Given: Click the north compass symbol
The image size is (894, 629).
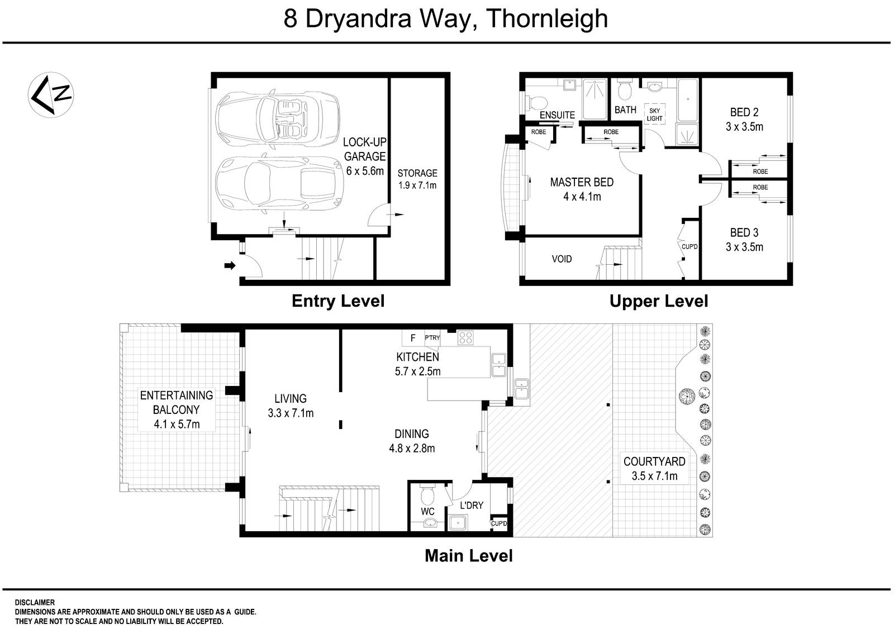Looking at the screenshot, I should (52, 94).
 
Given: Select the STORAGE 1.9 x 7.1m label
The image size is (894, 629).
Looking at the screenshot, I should (417, 179).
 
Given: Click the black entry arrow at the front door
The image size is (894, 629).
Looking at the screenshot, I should (229, 266).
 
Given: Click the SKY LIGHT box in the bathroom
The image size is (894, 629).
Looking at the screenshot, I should (654, 115).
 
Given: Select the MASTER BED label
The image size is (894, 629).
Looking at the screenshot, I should (582, 182).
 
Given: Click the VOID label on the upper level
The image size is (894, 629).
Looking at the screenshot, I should (562, 259).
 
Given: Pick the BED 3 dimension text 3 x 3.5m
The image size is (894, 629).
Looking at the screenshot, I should (744, 247).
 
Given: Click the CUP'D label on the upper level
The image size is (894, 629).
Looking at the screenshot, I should (689, 246).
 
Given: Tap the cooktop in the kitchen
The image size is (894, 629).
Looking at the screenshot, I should (465, 337).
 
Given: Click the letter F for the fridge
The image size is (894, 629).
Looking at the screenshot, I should (413, 338).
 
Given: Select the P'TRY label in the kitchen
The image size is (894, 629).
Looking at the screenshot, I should (432, 337).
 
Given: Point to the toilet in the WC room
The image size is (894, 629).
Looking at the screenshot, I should (427, 494).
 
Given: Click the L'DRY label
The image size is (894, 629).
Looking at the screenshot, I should (472, 506).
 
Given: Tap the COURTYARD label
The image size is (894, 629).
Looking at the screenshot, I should (654, 462).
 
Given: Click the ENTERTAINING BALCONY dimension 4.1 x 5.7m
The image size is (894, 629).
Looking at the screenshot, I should (177, 425).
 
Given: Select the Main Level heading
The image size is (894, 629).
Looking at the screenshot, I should (468, 556).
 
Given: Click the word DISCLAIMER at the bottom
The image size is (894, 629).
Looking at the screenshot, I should (35, 603).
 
